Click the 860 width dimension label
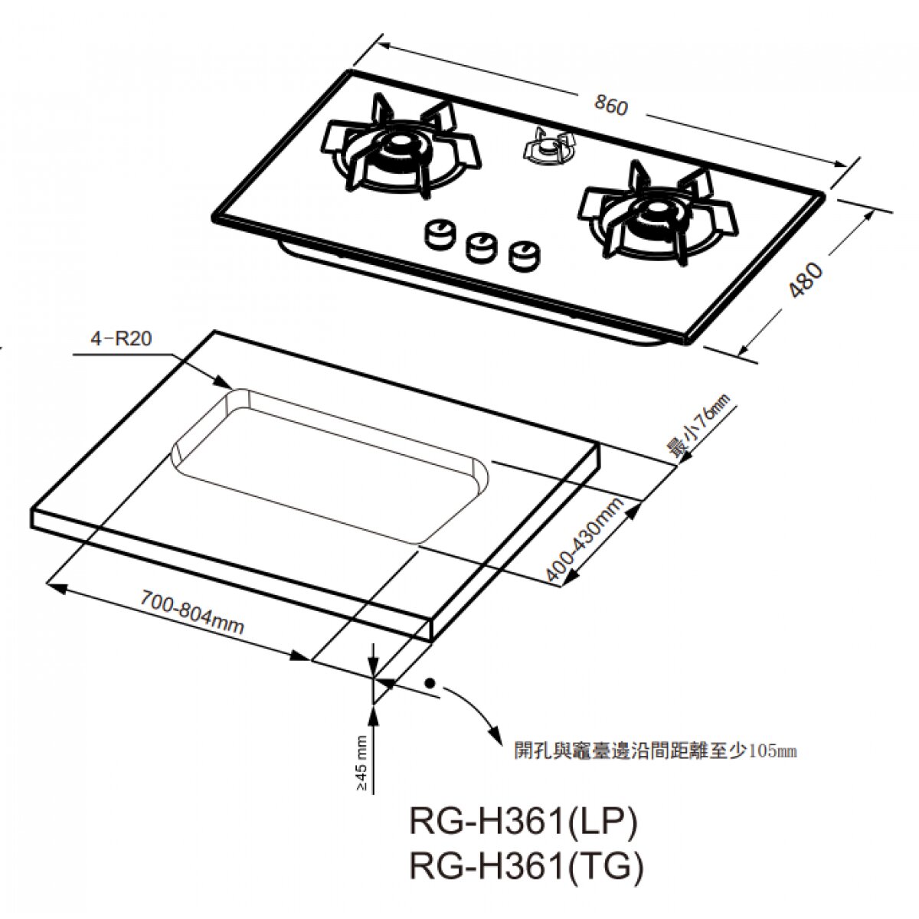click(x=610, y=106)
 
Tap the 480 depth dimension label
click(x=806, y=280)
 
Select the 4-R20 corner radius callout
click(x=121, y=338)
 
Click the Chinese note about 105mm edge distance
click(x=655, y=751)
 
